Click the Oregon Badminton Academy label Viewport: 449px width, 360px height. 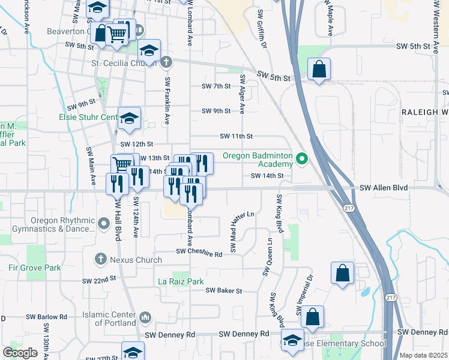pyautogui.click(x=258, y=160)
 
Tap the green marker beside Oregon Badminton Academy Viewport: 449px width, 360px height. pyautogui.click(x=303, y=159)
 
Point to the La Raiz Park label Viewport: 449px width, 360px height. pyautogui.click(x=181, y=281)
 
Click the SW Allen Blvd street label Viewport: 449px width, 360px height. pyautogui.click(x=384, y=188)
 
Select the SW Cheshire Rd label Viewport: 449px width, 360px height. pyautogui.click(x=199, y=254)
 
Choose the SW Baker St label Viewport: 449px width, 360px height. pyautogui.click(x=223, y=290)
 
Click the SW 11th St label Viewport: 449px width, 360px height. pyautogui.click(x=237, y=136)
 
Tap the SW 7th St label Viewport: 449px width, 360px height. pyautogui.click(x=216, y=86)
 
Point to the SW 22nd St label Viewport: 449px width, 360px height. pyautogui.click(x=99, y=280)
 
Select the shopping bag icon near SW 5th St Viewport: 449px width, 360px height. pyautogui.click(x=319, y=69)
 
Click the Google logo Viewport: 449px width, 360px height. pyautogui.click(x=20, y=353)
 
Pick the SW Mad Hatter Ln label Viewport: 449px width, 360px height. pyautogui.click(x=234, y=231)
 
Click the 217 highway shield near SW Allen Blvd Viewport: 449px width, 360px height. pyautogui.click(x=348, y=208)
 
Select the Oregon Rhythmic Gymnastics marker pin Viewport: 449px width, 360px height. pyautogui.click(x=103, y=224)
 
